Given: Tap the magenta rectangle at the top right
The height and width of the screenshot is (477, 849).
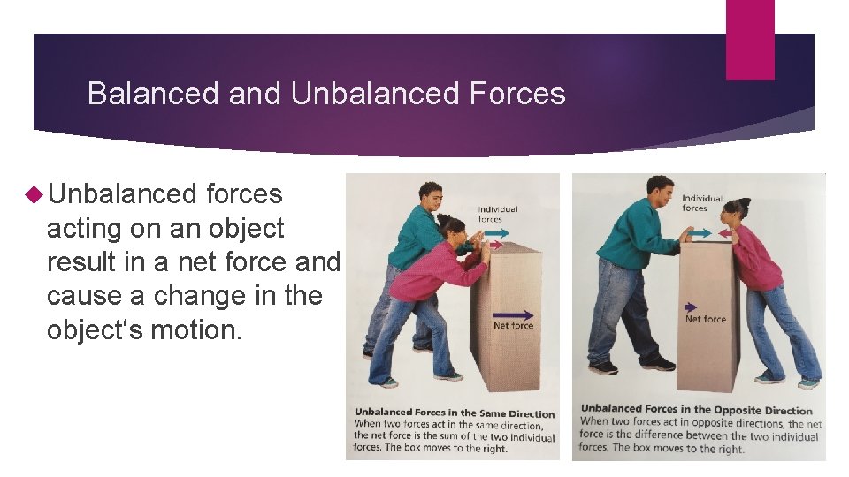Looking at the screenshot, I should [750, 39].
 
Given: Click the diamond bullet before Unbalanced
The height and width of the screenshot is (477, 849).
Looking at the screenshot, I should [36, 194].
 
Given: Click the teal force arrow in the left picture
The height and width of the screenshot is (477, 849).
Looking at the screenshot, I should [496, 233].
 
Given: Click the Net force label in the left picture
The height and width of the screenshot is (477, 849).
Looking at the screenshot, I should [513, 326].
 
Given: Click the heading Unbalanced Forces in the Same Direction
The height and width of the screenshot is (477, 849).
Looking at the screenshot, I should [455, 413].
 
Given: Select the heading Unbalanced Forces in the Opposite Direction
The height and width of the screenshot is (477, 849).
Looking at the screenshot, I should [696, 410].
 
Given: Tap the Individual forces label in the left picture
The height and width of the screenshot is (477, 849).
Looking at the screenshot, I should [498, 214].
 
